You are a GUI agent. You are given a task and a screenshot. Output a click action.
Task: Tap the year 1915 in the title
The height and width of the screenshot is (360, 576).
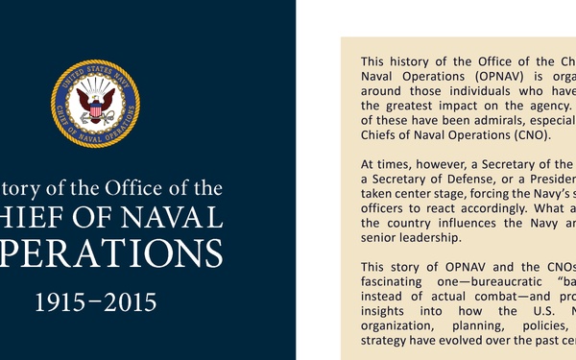point(64,304)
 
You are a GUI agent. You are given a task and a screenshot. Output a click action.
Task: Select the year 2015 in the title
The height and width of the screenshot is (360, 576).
point(127,304)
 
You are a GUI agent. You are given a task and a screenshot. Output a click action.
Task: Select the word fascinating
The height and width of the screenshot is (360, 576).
point(395,280)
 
